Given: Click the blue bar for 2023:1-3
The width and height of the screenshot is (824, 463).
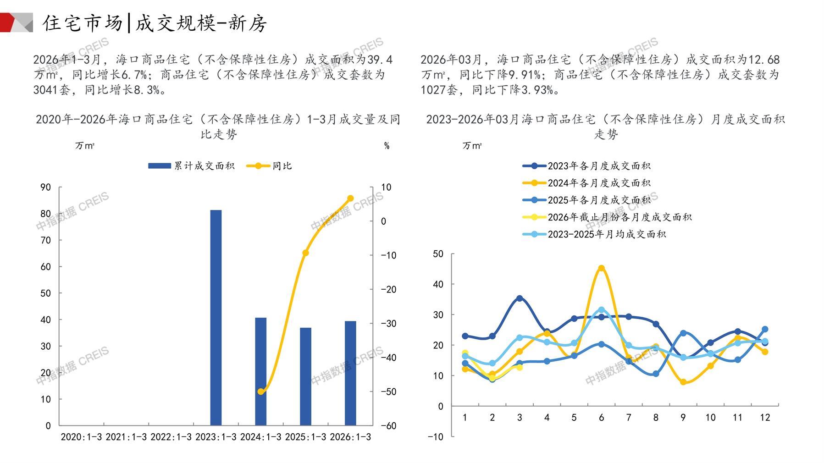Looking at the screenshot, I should [x=216, y=317].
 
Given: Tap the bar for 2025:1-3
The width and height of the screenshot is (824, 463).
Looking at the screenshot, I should [x=305, y=376].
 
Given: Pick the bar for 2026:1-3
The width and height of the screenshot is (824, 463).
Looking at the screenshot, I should [x=350, y=373].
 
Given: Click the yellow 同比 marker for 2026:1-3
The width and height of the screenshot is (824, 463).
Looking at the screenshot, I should [x=350, y=198].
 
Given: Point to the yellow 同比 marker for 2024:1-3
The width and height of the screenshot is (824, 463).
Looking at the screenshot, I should [x=260, y=391].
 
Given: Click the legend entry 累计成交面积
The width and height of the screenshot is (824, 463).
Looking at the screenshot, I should [x=191, y=166].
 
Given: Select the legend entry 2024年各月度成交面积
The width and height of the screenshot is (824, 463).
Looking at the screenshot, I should [x=587, y=183].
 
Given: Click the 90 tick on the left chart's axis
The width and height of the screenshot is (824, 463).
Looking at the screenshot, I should [x=46, y=187].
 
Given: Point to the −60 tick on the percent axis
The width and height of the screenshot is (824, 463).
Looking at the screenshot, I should [x=388, y=425].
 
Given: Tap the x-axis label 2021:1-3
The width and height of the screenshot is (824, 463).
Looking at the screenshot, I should [x=126, y=437].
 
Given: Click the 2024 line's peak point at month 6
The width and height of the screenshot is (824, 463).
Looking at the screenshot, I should [x=601, y=268].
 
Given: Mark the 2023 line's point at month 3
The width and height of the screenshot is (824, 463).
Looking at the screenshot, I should [x=520, y=298].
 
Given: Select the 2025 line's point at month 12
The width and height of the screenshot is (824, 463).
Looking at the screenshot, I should [x=765, y=329].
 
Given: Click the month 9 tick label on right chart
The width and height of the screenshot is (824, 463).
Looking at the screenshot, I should [x=683, y=418].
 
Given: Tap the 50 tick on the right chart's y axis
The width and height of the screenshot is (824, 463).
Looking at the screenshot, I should [x=438, y=254].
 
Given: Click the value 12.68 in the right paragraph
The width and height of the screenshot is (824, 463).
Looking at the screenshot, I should [x=763, y=60].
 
